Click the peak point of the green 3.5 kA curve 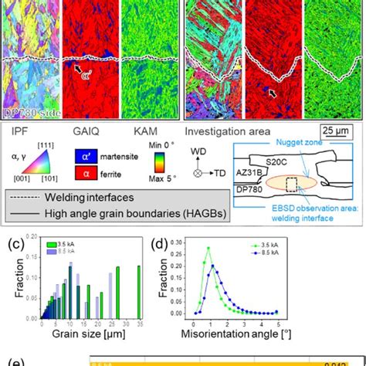208,248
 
